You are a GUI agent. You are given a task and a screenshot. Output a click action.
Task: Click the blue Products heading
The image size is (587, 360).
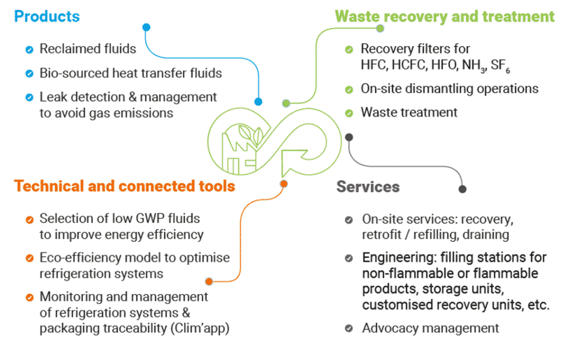click(x=47, y=16)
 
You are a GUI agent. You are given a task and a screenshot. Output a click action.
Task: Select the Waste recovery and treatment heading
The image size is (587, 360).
click(x=444, y=16)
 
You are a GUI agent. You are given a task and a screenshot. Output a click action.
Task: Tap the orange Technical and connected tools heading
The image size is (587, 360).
click(x=124, y=186)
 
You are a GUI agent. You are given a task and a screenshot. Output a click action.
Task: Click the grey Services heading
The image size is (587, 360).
click(x=367, y=187)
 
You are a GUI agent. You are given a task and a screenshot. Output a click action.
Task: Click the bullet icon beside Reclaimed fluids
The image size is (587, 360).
click(x=29, y=49)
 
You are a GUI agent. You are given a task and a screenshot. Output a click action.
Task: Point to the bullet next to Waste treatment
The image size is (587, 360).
click(x=349, y=113)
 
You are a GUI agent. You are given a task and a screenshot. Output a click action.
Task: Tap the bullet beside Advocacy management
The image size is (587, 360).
click(x=349, y=328)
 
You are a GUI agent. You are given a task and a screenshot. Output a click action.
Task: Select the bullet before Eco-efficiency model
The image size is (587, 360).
click(x=29, y=259)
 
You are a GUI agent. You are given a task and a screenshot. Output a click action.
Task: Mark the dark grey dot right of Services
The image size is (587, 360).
click(x=463, y=189)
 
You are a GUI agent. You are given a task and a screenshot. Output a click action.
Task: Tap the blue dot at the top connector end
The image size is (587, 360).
click(x=146, y=27)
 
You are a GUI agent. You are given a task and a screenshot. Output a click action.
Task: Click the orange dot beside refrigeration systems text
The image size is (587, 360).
click(x=209, y=281)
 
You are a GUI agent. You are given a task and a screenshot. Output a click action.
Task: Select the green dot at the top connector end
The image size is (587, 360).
click(x=379, y=28)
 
